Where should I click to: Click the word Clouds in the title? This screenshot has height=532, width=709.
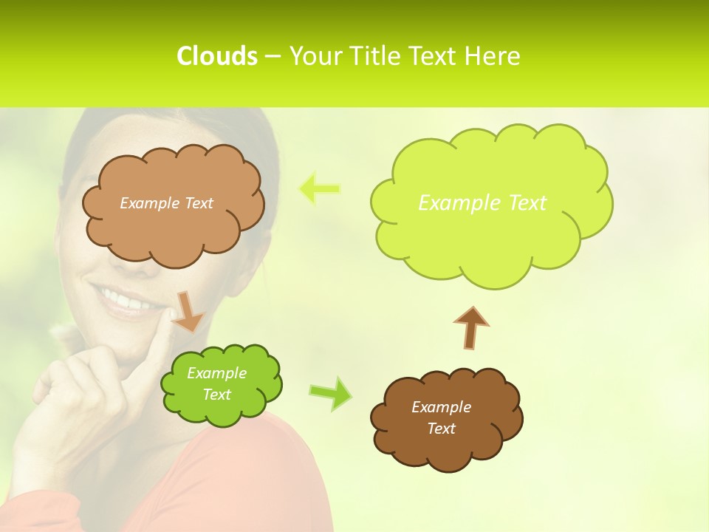click(x=217, y=56)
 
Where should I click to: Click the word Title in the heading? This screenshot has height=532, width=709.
click(x=377, y=56)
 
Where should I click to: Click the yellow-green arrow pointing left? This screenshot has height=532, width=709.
click(x=319, y=188)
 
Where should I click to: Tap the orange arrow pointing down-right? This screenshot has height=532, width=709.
click(x=189, y=312)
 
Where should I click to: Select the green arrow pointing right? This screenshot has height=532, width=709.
click(x=331, y=393)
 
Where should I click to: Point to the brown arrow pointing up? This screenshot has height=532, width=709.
click(x=471, y=327)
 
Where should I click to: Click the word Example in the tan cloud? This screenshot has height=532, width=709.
click(x=148, y=203)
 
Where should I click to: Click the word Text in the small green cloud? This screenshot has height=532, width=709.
click(x=217, y=395)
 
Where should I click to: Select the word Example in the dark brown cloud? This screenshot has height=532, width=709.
click(x=441, y=407)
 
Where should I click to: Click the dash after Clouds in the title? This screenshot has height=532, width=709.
click(x=271, y=56)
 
